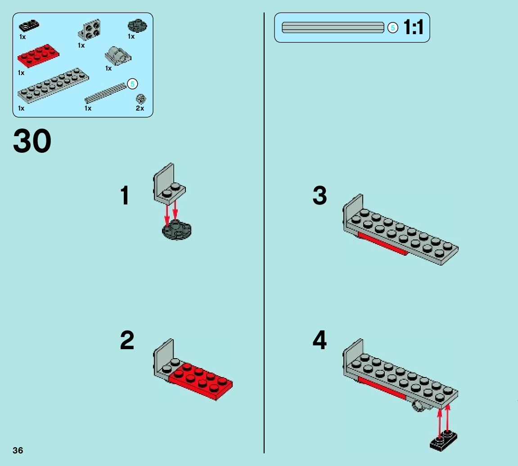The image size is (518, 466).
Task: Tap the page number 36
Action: click(x=18, y=450)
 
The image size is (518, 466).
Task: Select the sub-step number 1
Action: click(x=125, y=196)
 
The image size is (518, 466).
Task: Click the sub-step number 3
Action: click(x=320, y=196)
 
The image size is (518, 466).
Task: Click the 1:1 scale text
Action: click(x=413, y=27)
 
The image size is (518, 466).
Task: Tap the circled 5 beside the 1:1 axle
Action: click(x=392, y=28)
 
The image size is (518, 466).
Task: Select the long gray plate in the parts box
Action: click(x=53, y=85)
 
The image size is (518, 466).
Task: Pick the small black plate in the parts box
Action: click(x=29, y=26)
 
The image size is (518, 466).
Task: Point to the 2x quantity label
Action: click(x=140, y=108)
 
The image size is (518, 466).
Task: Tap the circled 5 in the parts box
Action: click(x=132, y=84)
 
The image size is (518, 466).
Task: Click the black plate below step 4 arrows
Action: click(x=443, y=440)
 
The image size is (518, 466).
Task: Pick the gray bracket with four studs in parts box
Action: click(x=90, y=31)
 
